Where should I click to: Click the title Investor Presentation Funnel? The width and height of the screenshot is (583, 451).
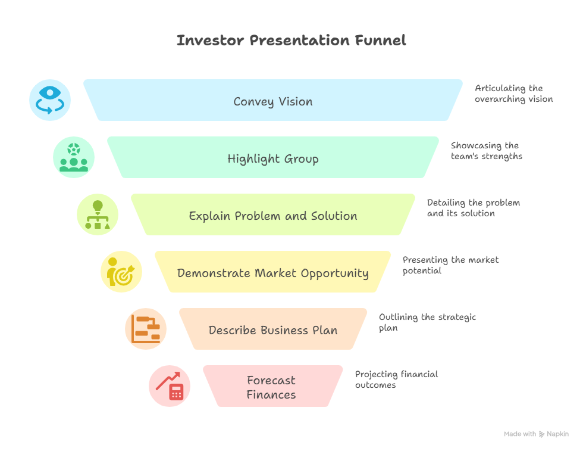(291, 41)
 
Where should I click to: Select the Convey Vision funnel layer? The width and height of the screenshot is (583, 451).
(273, 101)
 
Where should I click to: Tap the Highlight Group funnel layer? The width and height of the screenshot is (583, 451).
(273, 158)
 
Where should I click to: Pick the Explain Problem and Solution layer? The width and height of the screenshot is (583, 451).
(273, 216)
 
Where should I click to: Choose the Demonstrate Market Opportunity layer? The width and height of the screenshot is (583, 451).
(273, 273)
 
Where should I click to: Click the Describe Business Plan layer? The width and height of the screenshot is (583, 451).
(273, 330)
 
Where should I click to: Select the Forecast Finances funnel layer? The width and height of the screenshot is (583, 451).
(272, 387)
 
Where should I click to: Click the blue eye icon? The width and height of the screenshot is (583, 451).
(50, 100)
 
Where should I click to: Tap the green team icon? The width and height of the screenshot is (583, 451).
(74, 157)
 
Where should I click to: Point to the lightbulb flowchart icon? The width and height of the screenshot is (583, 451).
(98, 214)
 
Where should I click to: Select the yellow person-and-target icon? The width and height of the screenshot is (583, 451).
(121, 272)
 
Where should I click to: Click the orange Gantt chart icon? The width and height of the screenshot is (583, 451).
(146, 329)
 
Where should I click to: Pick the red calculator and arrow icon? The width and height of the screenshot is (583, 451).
(170, 386)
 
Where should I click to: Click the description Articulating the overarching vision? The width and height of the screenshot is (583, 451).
(513, 94)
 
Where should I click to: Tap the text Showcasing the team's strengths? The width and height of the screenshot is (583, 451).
(486, 151)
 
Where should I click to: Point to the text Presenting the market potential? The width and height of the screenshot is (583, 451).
(450, 265)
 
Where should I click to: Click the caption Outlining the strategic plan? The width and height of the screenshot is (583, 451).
(427, 322)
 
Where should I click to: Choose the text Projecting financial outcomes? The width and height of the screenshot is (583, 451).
(396, 380)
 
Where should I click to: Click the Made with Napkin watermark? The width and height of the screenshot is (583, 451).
(536, 434)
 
